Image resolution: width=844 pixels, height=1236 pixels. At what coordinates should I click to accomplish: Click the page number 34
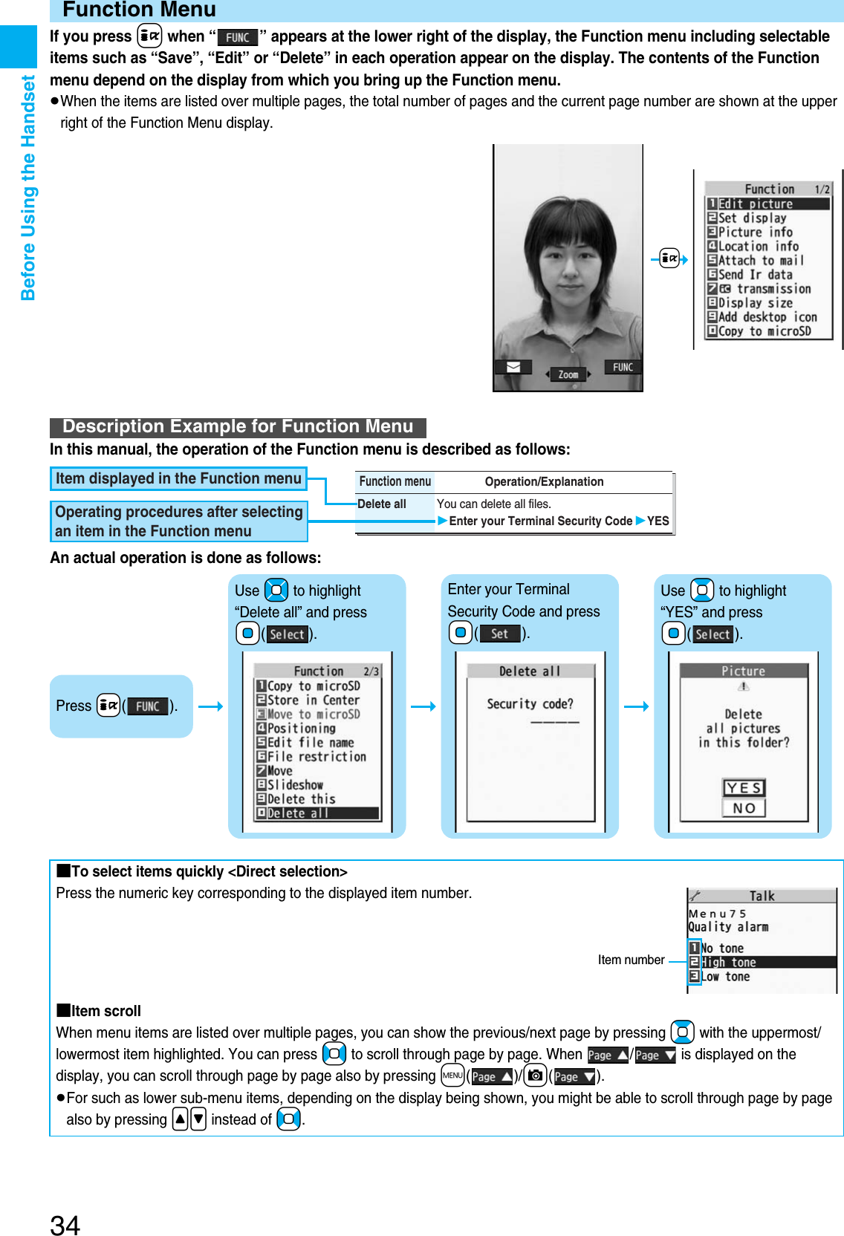tap(65, 1224)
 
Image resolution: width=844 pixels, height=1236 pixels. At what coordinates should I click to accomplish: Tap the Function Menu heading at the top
tap(139, 10)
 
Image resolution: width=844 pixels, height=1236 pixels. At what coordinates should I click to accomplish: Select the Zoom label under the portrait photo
tap(568, 375)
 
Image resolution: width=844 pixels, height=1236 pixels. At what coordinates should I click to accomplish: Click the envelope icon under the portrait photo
tap(513, 367)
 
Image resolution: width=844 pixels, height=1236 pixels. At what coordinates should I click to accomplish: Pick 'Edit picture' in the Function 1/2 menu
tap(756, 204)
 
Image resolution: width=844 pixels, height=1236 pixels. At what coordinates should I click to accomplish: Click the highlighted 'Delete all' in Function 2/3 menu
tap(298, 813)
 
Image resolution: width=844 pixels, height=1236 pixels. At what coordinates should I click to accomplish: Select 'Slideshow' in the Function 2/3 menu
tap(295, 785)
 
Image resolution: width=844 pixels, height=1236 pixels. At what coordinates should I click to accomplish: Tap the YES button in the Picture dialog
tap(744, 788)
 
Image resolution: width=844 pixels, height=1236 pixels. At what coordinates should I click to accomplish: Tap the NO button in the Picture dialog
tap(744, 808)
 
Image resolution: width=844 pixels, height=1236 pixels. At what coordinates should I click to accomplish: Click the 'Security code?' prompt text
tap(530, 704)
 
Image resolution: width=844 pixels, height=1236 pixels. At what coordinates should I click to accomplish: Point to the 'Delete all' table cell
tap(382, 504)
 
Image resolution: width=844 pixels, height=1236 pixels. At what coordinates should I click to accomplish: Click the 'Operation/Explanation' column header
tap(544, 482)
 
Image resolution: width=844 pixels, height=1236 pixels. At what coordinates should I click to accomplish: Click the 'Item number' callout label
tap(631, 960)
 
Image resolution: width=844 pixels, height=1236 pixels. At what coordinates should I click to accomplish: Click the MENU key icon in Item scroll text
tap(452, 1076)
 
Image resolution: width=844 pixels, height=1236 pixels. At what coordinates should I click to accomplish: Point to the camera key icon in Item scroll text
tap(535, 1076)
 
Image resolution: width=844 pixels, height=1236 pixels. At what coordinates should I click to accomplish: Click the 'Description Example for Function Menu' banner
tap(238, 427)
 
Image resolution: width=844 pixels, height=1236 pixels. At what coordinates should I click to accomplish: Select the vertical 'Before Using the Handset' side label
tap(28, 187)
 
